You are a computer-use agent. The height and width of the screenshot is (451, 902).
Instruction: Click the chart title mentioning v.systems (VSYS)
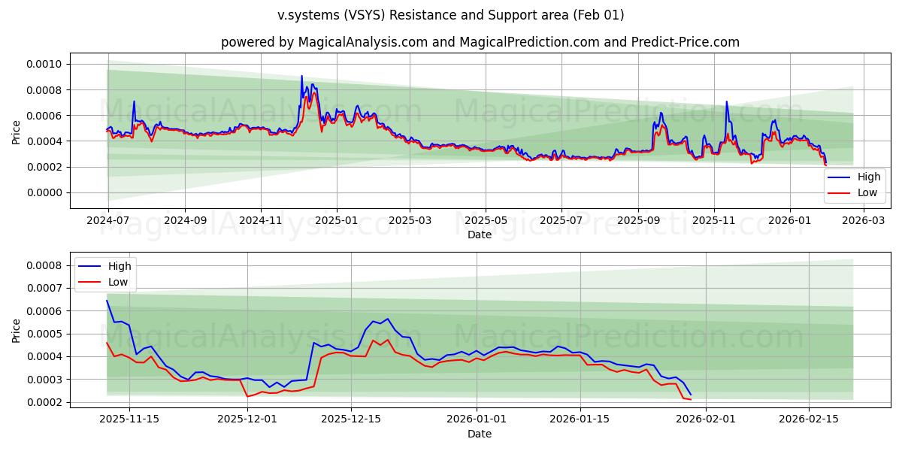pyautogui.click(x=450, y=15)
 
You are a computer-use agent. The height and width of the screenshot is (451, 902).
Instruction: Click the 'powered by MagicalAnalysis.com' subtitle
pyautogui.click(x=480, y=42)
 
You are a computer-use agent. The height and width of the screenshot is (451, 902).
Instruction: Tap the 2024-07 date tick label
pyautogui.click(x=108, y=221)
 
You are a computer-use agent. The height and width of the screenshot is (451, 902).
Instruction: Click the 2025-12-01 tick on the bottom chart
pyautogui.click(x=247, y=419)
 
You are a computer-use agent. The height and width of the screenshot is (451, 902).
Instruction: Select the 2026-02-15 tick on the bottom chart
pyautogui.click(x=809, y=419)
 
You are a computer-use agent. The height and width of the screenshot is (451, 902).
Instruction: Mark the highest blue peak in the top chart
pyautogui.click(x=301, y=76)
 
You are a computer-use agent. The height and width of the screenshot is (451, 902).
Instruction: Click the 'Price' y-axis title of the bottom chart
pyautogui.click(x=17, y=330)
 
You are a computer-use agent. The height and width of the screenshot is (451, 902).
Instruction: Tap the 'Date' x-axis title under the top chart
pyautogui.click(x=480, y=235)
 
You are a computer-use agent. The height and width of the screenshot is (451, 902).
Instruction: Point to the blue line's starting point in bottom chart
pyautogui.click(x=107, y=301)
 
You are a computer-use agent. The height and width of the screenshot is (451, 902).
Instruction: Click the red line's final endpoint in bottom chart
pyautogui.click(x=690, y=399)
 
